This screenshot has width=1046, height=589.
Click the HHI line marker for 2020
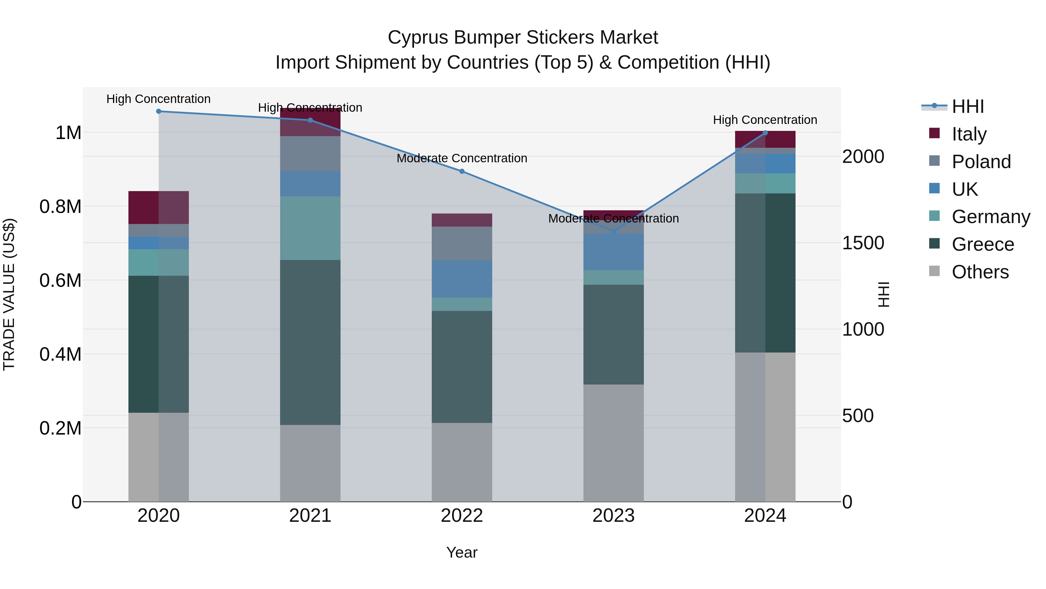click(x=159, y=111)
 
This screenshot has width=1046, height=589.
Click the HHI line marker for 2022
click(x=462, y=172)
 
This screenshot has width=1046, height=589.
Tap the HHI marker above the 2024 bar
click(x=765, y=133)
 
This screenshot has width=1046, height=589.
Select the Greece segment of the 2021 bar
click(x=310, y=342)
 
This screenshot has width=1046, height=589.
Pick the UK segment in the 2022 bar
click(x=462, y=279)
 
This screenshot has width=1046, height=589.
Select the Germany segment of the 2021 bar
click(x=310, y=228)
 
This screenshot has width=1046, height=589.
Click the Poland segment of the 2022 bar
click(x=462, y=243)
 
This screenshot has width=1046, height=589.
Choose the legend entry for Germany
click(x=991, y=217)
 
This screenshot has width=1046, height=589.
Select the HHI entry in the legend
click(x=968, y=106)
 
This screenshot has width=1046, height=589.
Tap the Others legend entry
click(x=980, y=272)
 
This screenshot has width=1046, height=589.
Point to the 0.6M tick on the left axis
click(x=60, y=280)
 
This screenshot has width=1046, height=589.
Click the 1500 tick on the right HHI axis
click(x=863, y=243)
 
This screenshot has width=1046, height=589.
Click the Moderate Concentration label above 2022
click(x=462, y=158)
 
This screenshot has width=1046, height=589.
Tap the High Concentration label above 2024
click(x=765, y=120)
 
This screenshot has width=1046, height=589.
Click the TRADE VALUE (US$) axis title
click(x=9, y=294)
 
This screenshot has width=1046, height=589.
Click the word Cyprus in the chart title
click(x=418, y=38)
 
